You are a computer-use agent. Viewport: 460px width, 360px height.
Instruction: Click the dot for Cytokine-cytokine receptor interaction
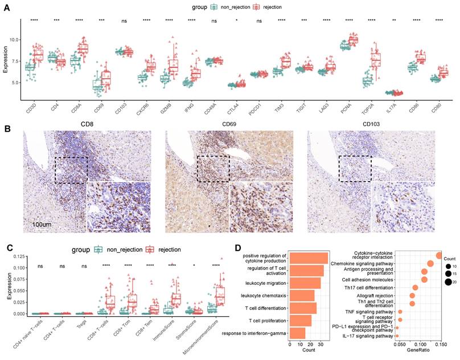pyautogui.click(x=438, y=256)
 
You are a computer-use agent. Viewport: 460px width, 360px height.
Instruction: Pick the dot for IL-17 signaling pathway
pyautogui.click(x=397, y=336)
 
